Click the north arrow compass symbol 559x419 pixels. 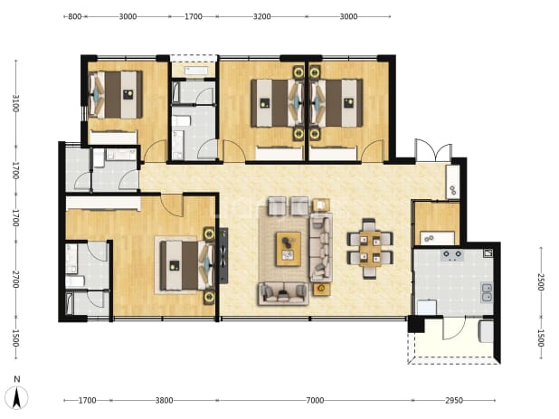pyautogui.click(x=17, y=396)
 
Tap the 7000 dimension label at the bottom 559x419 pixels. pyautogui.click(x=315, y=401)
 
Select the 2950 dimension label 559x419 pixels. pyautogui.click(x=454, y=401)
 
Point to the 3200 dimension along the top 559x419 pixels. pyautogui.click(x=262, y=16)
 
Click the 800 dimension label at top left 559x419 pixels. pyautogui.click(x=74, y=16)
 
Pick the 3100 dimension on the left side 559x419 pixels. pyautogui.click(x=15, y=103)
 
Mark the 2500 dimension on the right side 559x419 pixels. pyautogui.click(x=541, y=281)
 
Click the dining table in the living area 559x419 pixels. pyautogui.click(x=370, y=249)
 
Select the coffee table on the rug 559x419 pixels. pyautogui.click(x=288, y=249)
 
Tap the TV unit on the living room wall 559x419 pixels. pyautogui.click(x=223, y=256)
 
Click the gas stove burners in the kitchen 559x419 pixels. pyautogui.click(x=452, y=254)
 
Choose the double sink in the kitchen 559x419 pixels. pyautogui.click(x=487, y=292)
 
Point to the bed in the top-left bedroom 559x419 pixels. pyautogui.click(x=116, y=94)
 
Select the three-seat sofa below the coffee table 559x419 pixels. pyautogui.click(x=283, y=293)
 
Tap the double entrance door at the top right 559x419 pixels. pyautogui.click(x=433, y=151)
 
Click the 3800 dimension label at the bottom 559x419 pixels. pyautogui.click(x=165, y=401)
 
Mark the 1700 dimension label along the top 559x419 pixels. pyautogui.click(x=194, y=16)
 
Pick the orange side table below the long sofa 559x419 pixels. pyautogui.click(x=322, y=289)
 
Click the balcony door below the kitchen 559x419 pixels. pyautogui.click(x=454, y=329)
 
